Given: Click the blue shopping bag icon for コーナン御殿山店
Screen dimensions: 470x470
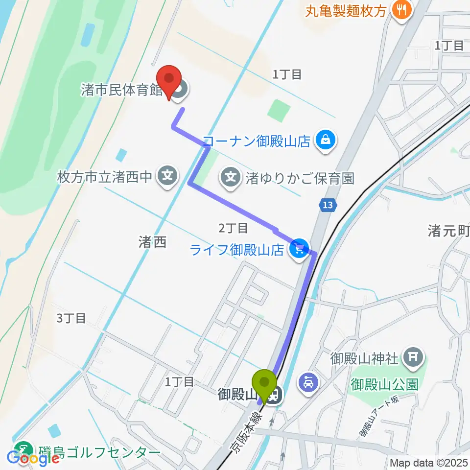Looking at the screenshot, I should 324,141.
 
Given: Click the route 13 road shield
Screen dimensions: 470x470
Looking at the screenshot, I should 329,206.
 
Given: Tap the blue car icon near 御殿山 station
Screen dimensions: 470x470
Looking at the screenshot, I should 308,382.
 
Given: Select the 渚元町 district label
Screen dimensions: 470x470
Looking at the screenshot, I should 448,231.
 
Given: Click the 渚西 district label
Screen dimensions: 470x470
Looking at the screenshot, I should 153,241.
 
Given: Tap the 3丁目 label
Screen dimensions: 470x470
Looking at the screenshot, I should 71,318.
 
